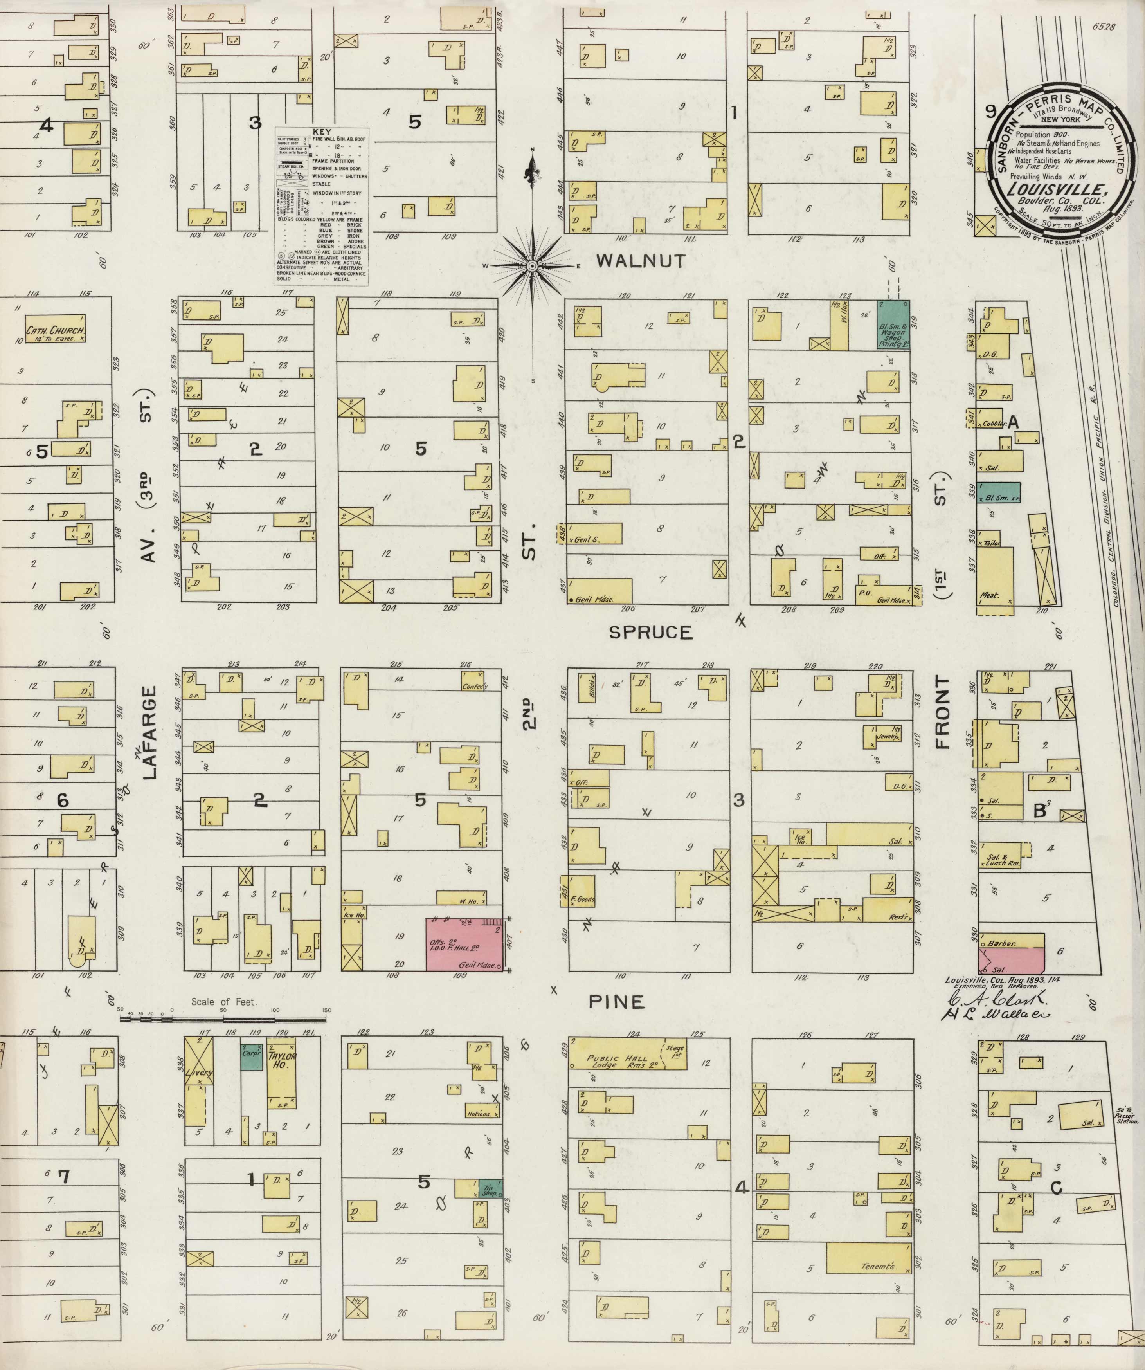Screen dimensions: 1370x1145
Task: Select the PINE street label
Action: click(617, 1001)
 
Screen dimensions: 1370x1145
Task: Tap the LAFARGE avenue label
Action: click(150, 732)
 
